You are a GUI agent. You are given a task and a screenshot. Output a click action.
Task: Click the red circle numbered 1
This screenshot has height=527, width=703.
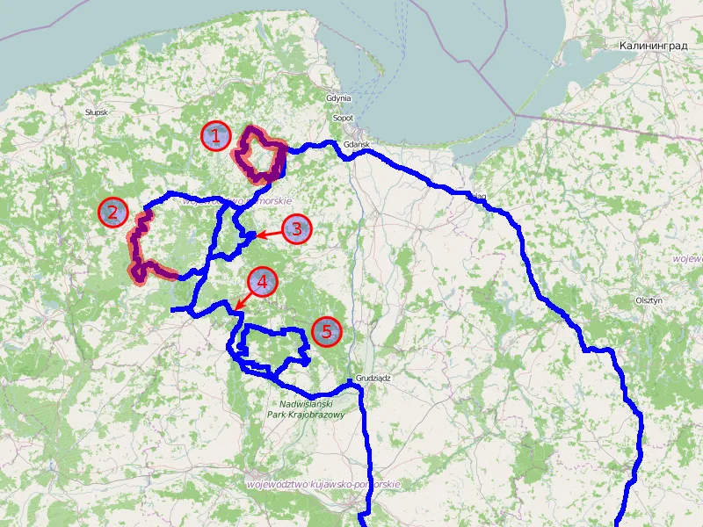tap(215, 136)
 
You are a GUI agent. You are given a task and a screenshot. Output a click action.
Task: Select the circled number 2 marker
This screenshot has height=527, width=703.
tap(112, 212)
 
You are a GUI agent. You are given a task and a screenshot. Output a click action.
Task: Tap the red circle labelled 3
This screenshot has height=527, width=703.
tap(296, 230)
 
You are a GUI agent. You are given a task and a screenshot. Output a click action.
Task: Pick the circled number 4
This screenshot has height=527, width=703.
tap(262, 283)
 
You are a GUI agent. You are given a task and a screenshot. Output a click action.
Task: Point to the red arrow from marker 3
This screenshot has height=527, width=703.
tap(267, 234)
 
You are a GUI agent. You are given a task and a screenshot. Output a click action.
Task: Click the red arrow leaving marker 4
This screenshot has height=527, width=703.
tap(243, 300)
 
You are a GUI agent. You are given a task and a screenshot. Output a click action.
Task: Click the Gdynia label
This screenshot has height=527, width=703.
tap(338, 98)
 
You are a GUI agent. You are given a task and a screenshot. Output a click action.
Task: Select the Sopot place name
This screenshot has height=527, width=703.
tap(343, 118)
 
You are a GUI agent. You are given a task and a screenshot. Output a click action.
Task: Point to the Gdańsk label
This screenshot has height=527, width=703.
tap(355, 144)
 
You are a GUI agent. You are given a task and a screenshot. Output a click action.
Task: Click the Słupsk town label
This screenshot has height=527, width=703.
tap(96, 113)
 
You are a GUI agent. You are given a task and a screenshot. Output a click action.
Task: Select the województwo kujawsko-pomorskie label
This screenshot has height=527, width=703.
tap(323, 484)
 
